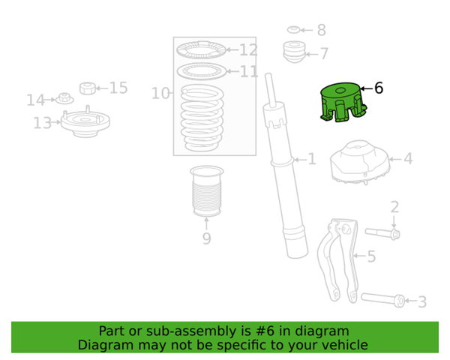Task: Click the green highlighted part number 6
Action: [343, 102]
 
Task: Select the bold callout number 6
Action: [379, 88]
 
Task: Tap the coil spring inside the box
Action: [202, 118]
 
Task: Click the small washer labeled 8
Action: [293, 29]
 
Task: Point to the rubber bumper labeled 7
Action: [295, 52]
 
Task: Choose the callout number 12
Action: [248, 50]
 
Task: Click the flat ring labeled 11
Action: [202, 71]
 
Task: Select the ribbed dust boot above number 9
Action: [207, 191]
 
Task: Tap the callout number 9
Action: [207, 238]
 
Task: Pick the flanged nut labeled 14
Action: [64, 98]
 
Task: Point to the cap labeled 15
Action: [88, 88]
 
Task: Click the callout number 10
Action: [160, 93]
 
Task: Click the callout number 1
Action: [312, 159]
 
